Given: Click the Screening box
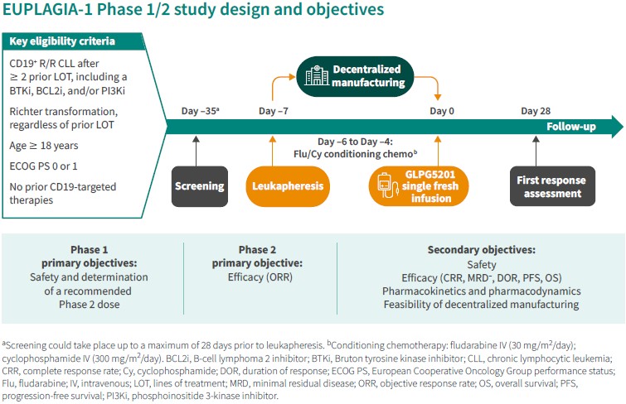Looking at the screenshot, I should [200, 186].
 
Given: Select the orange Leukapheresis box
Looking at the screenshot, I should [287, 186].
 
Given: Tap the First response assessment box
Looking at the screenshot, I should [551, 186].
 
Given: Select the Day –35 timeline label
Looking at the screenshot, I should [199, 111].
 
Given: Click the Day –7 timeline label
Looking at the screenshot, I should [274, 111].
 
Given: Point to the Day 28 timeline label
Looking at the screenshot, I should [536, 111].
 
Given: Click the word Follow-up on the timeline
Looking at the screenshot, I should [572, 127].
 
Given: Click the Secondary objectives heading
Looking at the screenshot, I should [481, 249].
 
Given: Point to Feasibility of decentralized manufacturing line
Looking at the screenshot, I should [481, 305].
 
